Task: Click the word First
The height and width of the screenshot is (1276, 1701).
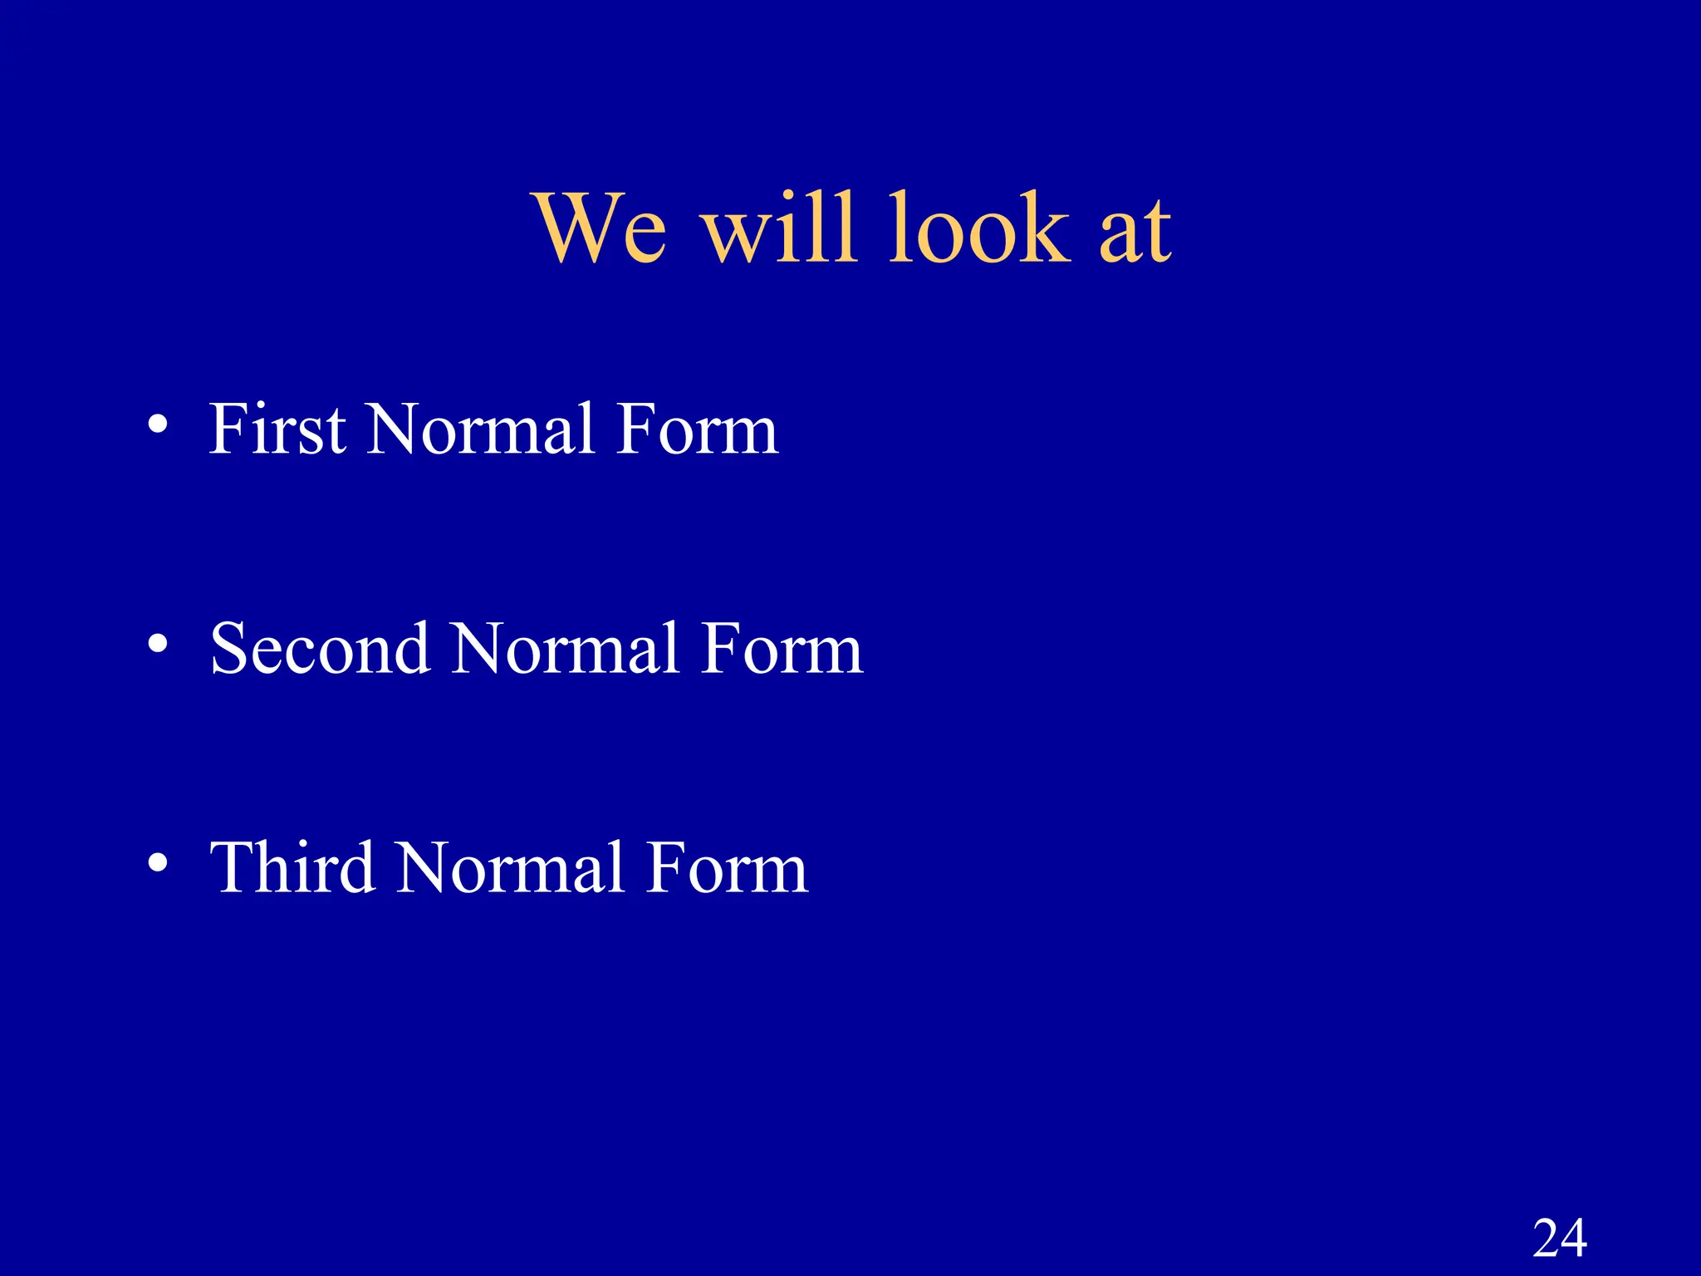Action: [x=277, y=429]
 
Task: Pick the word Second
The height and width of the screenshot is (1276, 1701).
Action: [x=320, y=649]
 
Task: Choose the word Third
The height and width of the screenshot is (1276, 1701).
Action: [x=292, y=868]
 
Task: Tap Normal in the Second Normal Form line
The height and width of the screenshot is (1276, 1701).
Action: [x=566, y=649]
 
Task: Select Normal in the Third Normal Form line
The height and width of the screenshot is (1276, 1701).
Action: [x=510, y=868]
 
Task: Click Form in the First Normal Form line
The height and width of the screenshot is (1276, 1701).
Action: [x=697, y=429]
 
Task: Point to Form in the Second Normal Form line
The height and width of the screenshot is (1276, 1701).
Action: [x=782, y=649]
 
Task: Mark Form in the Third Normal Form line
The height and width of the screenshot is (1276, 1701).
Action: [x=727, y=868]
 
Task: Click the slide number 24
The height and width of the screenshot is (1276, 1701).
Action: [x=1560, y=1239]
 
